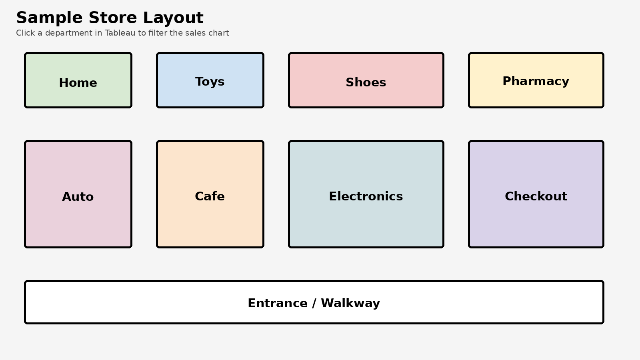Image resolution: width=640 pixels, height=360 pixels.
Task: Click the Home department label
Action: [x=78, y=83]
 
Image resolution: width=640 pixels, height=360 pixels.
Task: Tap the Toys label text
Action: [x=210, y=82]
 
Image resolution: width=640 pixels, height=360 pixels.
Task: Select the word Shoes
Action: [x=366, y=82]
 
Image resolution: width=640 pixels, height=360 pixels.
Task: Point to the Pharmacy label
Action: [x=536, y=81]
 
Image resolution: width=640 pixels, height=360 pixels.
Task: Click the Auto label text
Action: [x=78, y=197]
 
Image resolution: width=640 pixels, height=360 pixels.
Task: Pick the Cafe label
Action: [x=210, y=196]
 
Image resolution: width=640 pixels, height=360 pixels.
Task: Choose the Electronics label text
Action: [x=366, y=196]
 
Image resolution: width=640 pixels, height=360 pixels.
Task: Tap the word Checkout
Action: [x=536, y=196]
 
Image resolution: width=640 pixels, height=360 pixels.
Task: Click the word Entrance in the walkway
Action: [x=277, y=303]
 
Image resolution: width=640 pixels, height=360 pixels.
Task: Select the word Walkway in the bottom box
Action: [x=350, y=303]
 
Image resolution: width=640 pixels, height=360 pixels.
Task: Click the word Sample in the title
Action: [x=49, y=18]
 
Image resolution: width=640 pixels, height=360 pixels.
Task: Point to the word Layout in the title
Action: [x=173, y=18]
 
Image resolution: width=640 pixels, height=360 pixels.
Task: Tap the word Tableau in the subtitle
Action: [x=120, y=33]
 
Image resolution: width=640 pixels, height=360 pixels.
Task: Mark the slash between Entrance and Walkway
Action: [x=314, y=303]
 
